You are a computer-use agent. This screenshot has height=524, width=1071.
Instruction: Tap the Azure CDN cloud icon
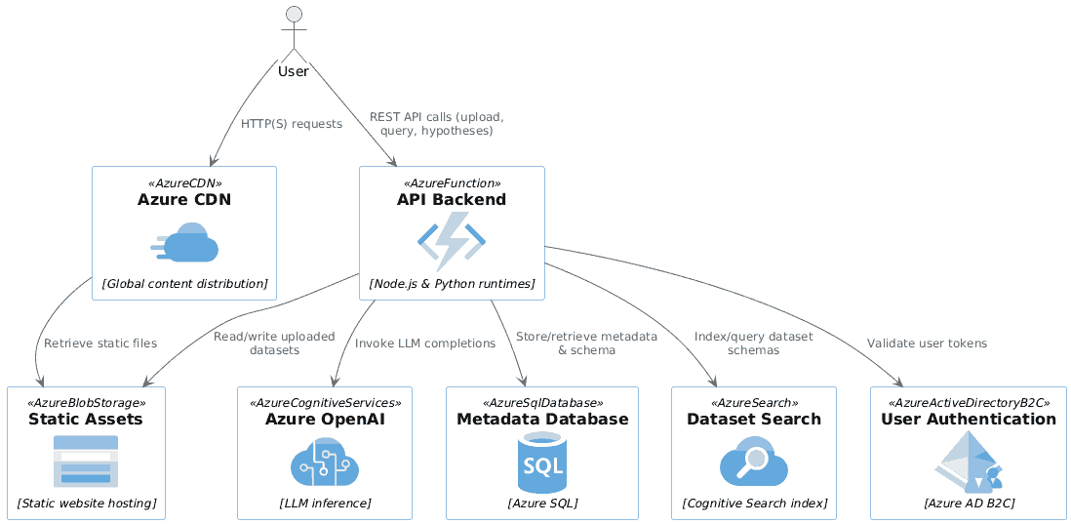(184, 243)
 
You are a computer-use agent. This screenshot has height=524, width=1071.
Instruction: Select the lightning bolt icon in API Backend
(452, 242)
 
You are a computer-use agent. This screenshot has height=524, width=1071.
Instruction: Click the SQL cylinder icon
(542, 462)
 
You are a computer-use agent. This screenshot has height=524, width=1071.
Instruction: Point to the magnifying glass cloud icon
(753, 462)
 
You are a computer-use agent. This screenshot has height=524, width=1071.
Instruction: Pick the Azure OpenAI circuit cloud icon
(325, 462)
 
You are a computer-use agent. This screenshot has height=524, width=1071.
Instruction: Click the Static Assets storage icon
(86, 462)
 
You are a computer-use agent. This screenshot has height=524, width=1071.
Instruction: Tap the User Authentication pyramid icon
(968, 462)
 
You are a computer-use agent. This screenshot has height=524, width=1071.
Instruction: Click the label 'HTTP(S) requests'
(292, 124)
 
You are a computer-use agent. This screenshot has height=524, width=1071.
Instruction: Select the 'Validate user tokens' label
(927, 343)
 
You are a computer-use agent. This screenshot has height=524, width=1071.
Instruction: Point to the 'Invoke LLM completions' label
(425, 343)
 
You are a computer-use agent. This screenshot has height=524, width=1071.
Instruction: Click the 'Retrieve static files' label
(100, 343)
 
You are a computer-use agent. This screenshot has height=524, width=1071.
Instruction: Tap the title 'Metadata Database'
(542, 420)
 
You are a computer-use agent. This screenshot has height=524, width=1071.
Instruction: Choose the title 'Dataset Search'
(754, 420)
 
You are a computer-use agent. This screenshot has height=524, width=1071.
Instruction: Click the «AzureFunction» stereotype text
(452, 182)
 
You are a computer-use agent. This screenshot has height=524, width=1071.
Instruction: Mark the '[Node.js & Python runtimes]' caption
(452, 284)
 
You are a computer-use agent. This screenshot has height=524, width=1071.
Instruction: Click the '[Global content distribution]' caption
(184, 284)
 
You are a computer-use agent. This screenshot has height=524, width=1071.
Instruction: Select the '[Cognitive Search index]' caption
(754, 504)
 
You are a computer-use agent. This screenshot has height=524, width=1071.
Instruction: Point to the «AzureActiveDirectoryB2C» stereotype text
(969, 402)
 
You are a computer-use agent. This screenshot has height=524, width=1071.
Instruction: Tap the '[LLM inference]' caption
(325, 504)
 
